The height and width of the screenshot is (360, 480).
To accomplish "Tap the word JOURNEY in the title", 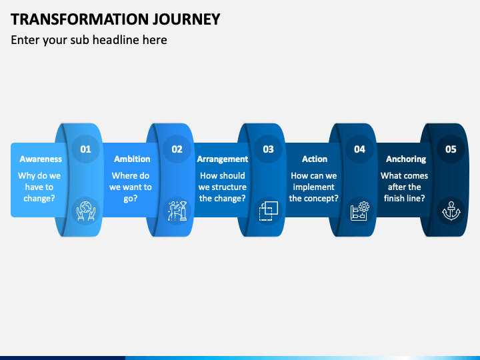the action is tap(187, 19).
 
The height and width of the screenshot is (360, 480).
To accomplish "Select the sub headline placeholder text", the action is tap(89, 40).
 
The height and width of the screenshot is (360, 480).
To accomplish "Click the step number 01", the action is tap(86, 149).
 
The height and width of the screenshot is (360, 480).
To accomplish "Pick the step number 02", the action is tap(177, 149).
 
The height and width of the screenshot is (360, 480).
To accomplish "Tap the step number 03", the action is tap(268, 149).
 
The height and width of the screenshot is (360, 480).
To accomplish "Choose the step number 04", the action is tap(360, 149).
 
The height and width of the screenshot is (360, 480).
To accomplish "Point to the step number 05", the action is tap(451, 149).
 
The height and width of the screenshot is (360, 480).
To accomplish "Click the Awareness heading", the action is tap(41, 159).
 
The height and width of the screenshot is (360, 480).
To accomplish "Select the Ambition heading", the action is tap(132, 159).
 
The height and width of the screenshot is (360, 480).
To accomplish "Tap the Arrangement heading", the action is tap(223, 159).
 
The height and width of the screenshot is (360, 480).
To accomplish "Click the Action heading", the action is tap(315, 159).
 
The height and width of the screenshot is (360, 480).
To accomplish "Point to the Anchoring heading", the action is tap(406, 159).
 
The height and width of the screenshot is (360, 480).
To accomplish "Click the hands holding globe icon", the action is tap(86, 211).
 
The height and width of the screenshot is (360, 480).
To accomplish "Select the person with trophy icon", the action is tap(177, 211).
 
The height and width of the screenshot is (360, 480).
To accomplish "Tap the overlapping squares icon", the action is tap(269, 211).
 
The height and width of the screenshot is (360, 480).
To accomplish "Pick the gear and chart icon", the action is tap(360, 211).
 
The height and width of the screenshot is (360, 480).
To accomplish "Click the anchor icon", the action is tap(451, 211).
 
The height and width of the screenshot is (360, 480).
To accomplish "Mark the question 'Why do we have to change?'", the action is tap(39, 187).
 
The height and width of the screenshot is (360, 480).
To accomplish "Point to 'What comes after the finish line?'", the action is tap(405, 187).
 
